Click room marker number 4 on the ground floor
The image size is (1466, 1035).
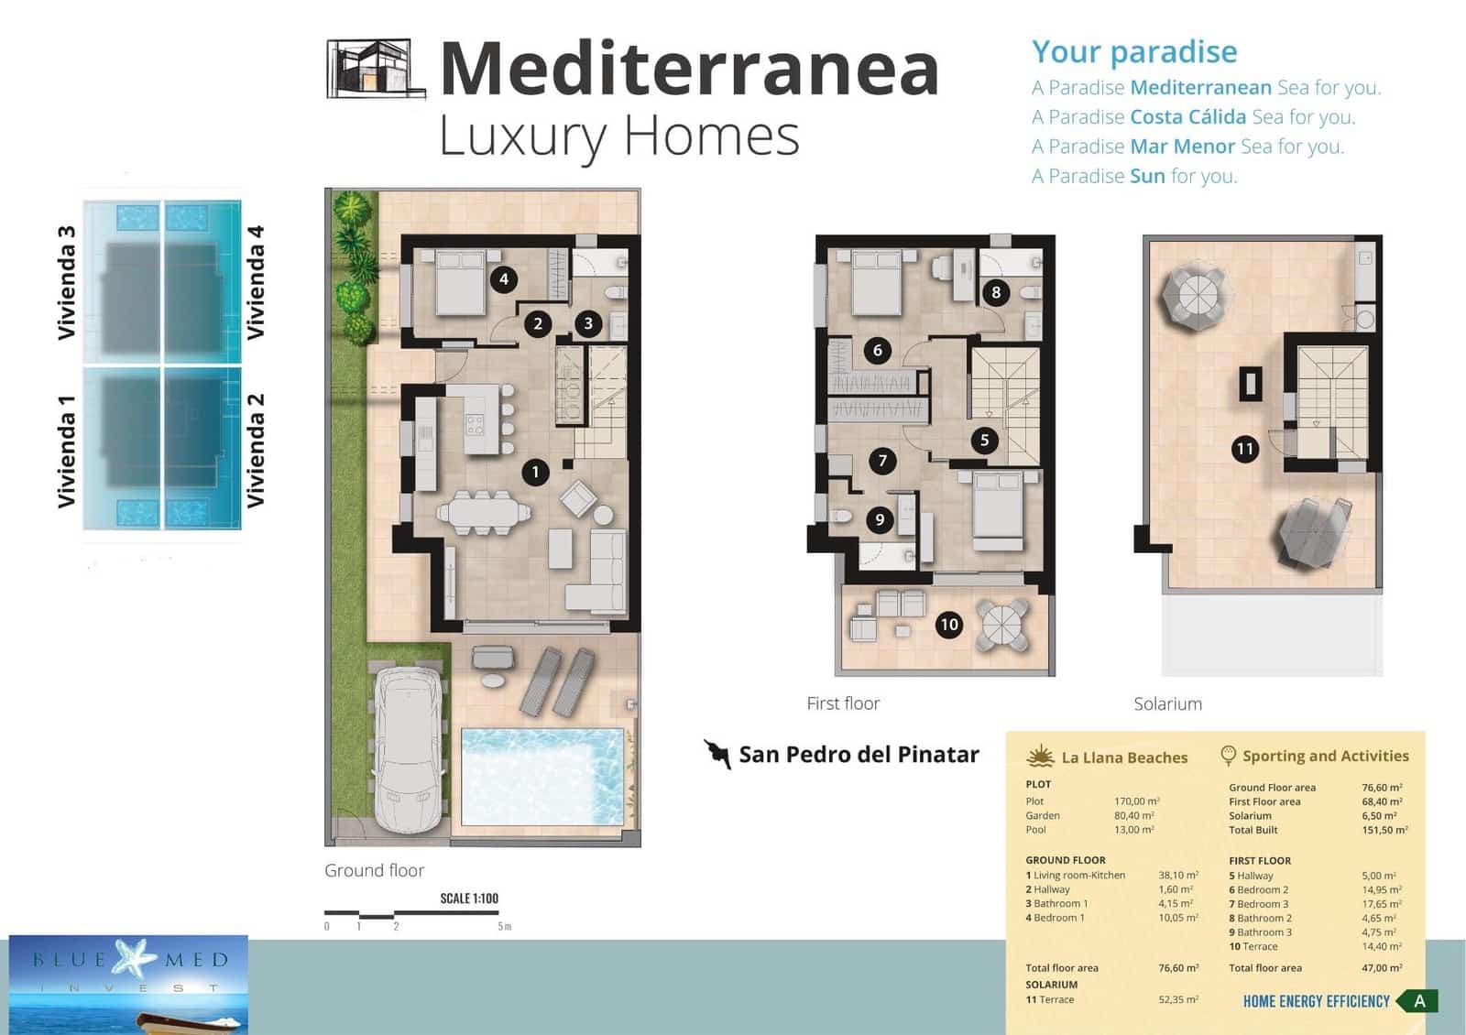click(x=503, y=279)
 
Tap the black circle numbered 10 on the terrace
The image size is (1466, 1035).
click(x=948, y=625)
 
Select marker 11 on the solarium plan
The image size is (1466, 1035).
click(x=1244, y=449)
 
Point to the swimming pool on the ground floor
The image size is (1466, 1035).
click(x=542, y=777)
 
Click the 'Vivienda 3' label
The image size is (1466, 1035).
click(x=66, y=282)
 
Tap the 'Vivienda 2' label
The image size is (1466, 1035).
click(x=256, y=450)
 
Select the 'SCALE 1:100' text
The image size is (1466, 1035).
click(x=469, y=899)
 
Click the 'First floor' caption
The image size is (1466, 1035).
click(x=843, y=703)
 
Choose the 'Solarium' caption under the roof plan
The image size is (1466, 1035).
click(x=1167, y=704)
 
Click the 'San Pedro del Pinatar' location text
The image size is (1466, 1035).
click(x=859, y=755)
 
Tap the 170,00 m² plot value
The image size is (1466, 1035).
click(x=1136, y=801)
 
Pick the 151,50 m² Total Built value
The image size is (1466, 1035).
click(x=1384, y=830)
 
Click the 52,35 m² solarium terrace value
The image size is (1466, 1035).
click(x=1178, y=1000)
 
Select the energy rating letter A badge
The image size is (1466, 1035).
click(x=1419, y=1001)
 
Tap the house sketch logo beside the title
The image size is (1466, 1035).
click(x=376, y=69)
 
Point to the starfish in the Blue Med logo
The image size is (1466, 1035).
click(x=134, y=957)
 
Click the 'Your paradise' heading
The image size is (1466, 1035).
click(x=1134, y=52)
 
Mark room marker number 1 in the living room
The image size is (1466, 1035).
click(x=535, y=473)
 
